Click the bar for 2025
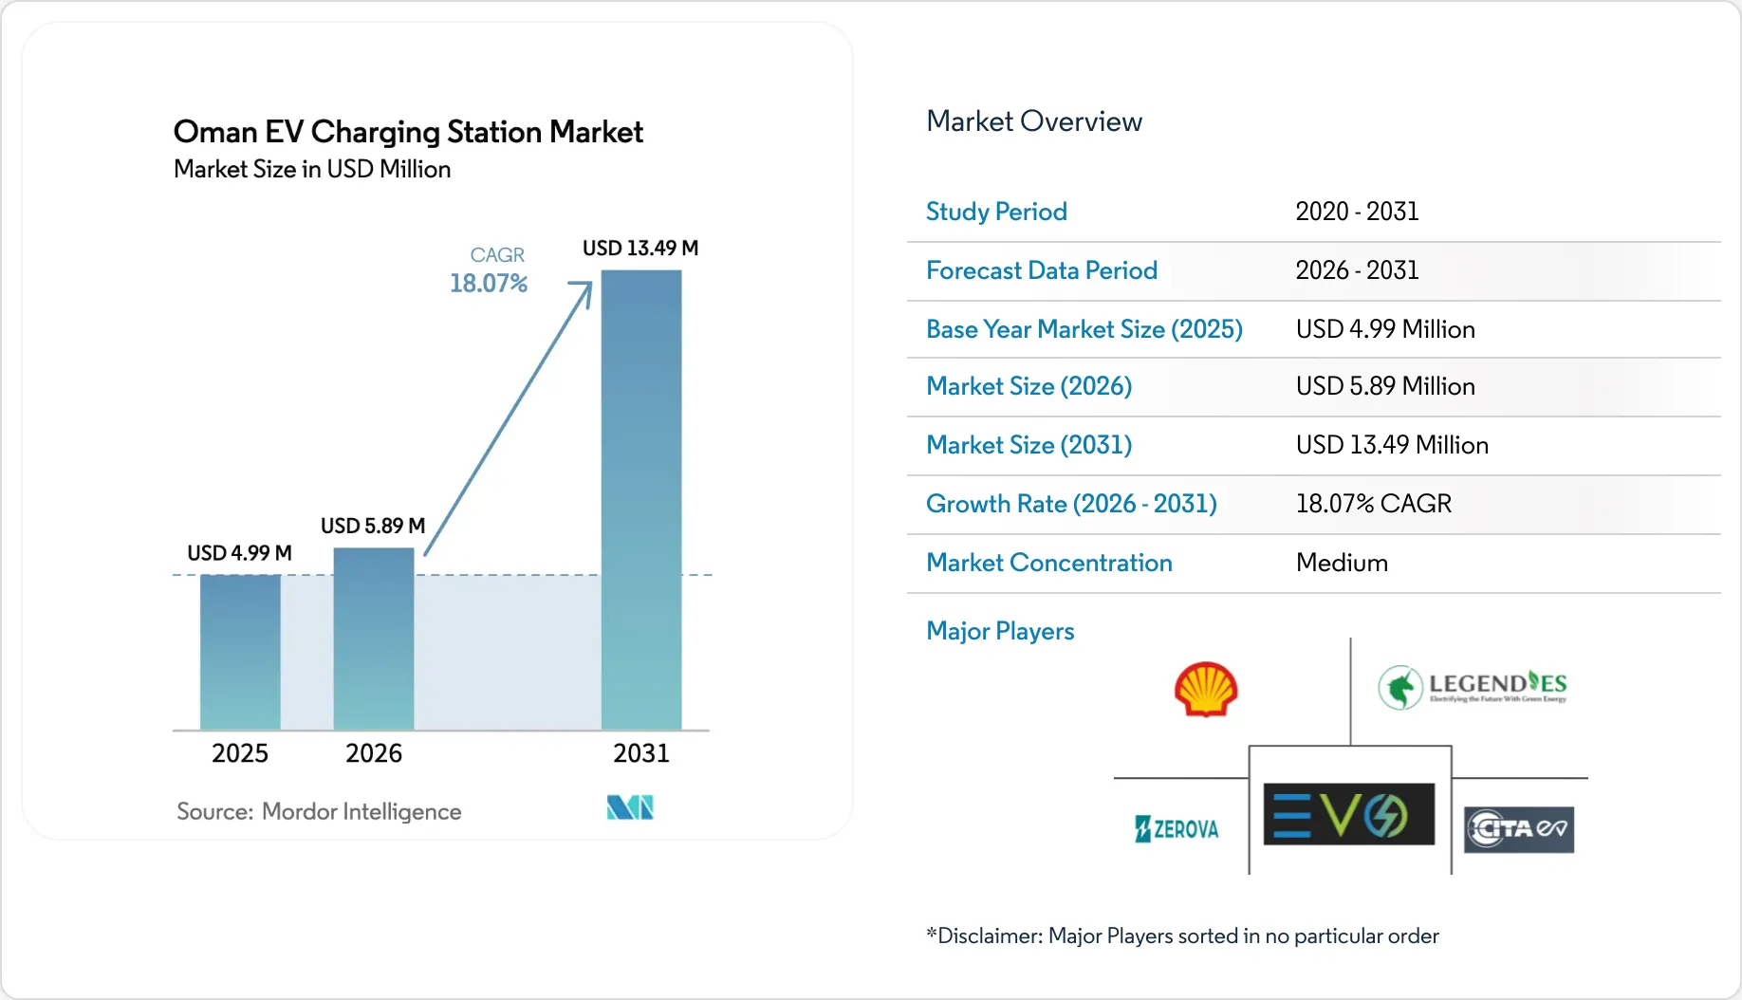click(x=240, y=652)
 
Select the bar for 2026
click(x=374, y=639)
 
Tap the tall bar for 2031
click(x=641, y=500)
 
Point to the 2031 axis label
click(x=641, y=753)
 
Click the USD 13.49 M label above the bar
click(x=640, y=249)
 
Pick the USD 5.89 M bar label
click(x=373, y=526)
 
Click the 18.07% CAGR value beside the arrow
click(x=489, y=284)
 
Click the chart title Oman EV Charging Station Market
click(x=408, y=132)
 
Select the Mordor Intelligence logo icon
click(x=630, y=807)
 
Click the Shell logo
click(x=1206, y=689)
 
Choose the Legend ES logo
click(x=1473, y=687)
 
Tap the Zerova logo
click(x=1177, y=829)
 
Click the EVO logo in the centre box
click(x=1349, y=814)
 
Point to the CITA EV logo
click(x=1519, y=829)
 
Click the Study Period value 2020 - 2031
click(x=1358, y=212)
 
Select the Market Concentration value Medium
click(x=1342, y=563)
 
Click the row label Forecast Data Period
click(x=1042, y=270)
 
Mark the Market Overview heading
click(x=1034, y=121)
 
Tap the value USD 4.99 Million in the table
click(x=1385, y=329)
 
